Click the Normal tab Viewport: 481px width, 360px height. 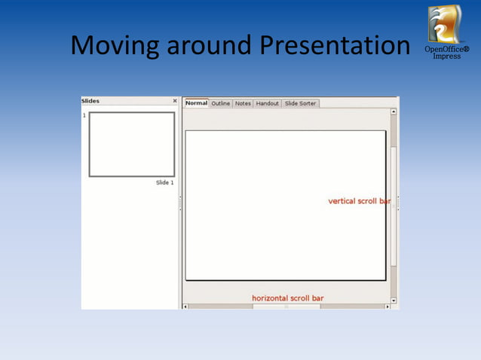(196, 103)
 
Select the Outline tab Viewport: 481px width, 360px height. (221, 103)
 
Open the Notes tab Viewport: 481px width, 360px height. (243, 103)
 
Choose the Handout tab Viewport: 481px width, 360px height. (267, 103)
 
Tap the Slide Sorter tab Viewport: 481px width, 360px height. (300, 103)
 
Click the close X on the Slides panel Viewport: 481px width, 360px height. (175, 101)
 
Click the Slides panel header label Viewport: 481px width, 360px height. (90, 101)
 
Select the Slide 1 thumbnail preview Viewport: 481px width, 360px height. (132, 145)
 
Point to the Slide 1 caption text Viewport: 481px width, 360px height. (164, 183)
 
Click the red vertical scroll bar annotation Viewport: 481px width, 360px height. (359, 201)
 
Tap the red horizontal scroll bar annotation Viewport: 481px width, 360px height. (287, 298)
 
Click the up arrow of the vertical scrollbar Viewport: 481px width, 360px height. (393, 112)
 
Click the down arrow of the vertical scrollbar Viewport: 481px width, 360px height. (393, 301)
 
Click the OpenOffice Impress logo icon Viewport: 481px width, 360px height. (444, 24)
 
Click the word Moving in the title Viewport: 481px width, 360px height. (115, 47)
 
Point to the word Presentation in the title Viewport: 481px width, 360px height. (335, 47)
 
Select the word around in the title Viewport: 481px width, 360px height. (209, 47)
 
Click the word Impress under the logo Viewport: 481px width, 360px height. (446, 56)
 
